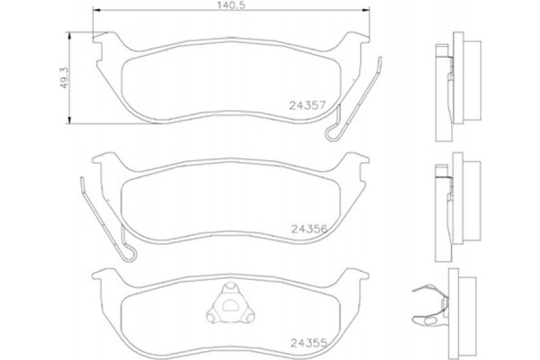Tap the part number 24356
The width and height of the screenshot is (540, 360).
click(308, 229)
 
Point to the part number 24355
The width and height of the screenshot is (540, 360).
click(308, 341)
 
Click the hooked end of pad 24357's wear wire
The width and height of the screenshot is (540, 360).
click(332, 133)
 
